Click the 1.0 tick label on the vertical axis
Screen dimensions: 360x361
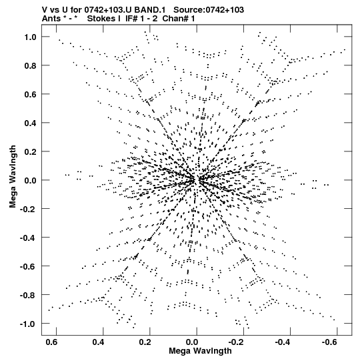pos(31,37)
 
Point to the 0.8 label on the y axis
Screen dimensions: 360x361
pos(31,65)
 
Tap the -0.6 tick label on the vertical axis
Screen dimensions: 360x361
pos(28,267)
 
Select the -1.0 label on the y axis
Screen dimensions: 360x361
pos(28,324)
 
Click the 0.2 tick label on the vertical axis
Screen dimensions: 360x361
pos(31,151)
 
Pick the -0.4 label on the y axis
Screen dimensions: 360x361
pos(28,238)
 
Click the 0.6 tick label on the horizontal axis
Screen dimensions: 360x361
pos(52,342)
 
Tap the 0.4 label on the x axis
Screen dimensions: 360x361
pos(99,342)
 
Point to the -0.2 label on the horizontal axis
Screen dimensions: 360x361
pos(237,342)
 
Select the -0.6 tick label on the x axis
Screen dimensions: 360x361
pos(330,342)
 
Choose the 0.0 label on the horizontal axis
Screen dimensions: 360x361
pos(192,342)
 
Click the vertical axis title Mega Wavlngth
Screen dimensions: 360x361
pos(13,177)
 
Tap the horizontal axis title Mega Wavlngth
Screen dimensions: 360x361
pos(200,351)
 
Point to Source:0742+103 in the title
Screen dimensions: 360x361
pos(209,10)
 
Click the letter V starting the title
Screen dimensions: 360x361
pos(45,10)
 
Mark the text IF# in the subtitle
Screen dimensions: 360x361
pos(131,19)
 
